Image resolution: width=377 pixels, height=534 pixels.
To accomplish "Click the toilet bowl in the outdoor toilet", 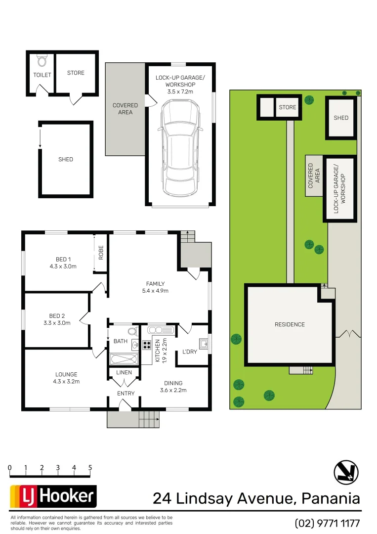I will (x=42, y=61).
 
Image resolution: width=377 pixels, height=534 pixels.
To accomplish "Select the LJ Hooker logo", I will (x=53, y=496).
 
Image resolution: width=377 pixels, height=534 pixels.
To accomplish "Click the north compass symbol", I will (x=346, y=472).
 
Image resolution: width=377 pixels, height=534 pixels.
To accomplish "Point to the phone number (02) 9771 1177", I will (x=327, y=523).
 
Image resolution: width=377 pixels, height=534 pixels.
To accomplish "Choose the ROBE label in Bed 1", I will (x=101, y=253).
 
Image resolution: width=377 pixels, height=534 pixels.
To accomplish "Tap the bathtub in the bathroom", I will (x=124, y=359).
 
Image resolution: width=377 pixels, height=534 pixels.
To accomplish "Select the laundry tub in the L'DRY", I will (x=203, y=343).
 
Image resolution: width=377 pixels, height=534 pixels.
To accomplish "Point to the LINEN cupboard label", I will (x=124, y=372).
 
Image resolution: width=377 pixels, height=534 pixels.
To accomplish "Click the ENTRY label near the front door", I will (x=126, y=394).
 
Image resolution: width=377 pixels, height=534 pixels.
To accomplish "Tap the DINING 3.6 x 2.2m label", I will (x=173, y=386).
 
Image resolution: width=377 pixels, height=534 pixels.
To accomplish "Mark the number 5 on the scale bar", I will (x=90, y=467).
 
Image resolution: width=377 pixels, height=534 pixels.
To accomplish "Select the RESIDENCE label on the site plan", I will (x=290, y=324).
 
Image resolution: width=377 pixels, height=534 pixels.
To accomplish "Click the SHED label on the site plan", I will (x=340, y=118).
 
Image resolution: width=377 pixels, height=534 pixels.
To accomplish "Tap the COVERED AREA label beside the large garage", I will (x=125, y=109).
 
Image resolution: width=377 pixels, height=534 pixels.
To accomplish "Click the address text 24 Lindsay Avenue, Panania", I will (x=256, y=498).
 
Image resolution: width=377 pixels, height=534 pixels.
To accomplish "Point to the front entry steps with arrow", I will (x=148, y=420).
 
